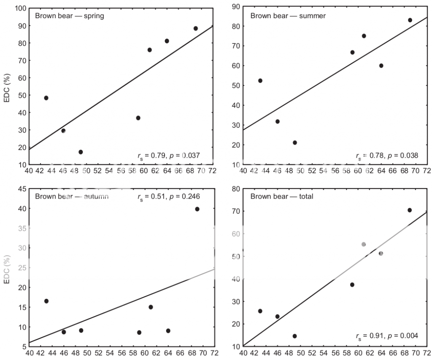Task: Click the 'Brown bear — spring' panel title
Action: coord(69,16)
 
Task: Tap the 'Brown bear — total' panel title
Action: coord(282,196)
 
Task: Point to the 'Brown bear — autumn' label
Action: coord(72,196)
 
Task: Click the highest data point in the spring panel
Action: coord(196,29)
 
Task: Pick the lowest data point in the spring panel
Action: coord(81,152)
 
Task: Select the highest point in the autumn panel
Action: coord(197,209)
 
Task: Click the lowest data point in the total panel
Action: coord(294,336)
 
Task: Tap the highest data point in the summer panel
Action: coord(410,20)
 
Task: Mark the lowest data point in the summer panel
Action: coord(294,143)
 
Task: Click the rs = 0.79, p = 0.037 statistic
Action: coord(169,156)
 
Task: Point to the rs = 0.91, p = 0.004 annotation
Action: coord(387,336)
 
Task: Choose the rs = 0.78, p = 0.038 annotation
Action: coord(387,156)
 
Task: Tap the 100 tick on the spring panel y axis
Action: coord(21,8)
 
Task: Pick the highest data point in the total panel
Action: coord(409,210)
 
